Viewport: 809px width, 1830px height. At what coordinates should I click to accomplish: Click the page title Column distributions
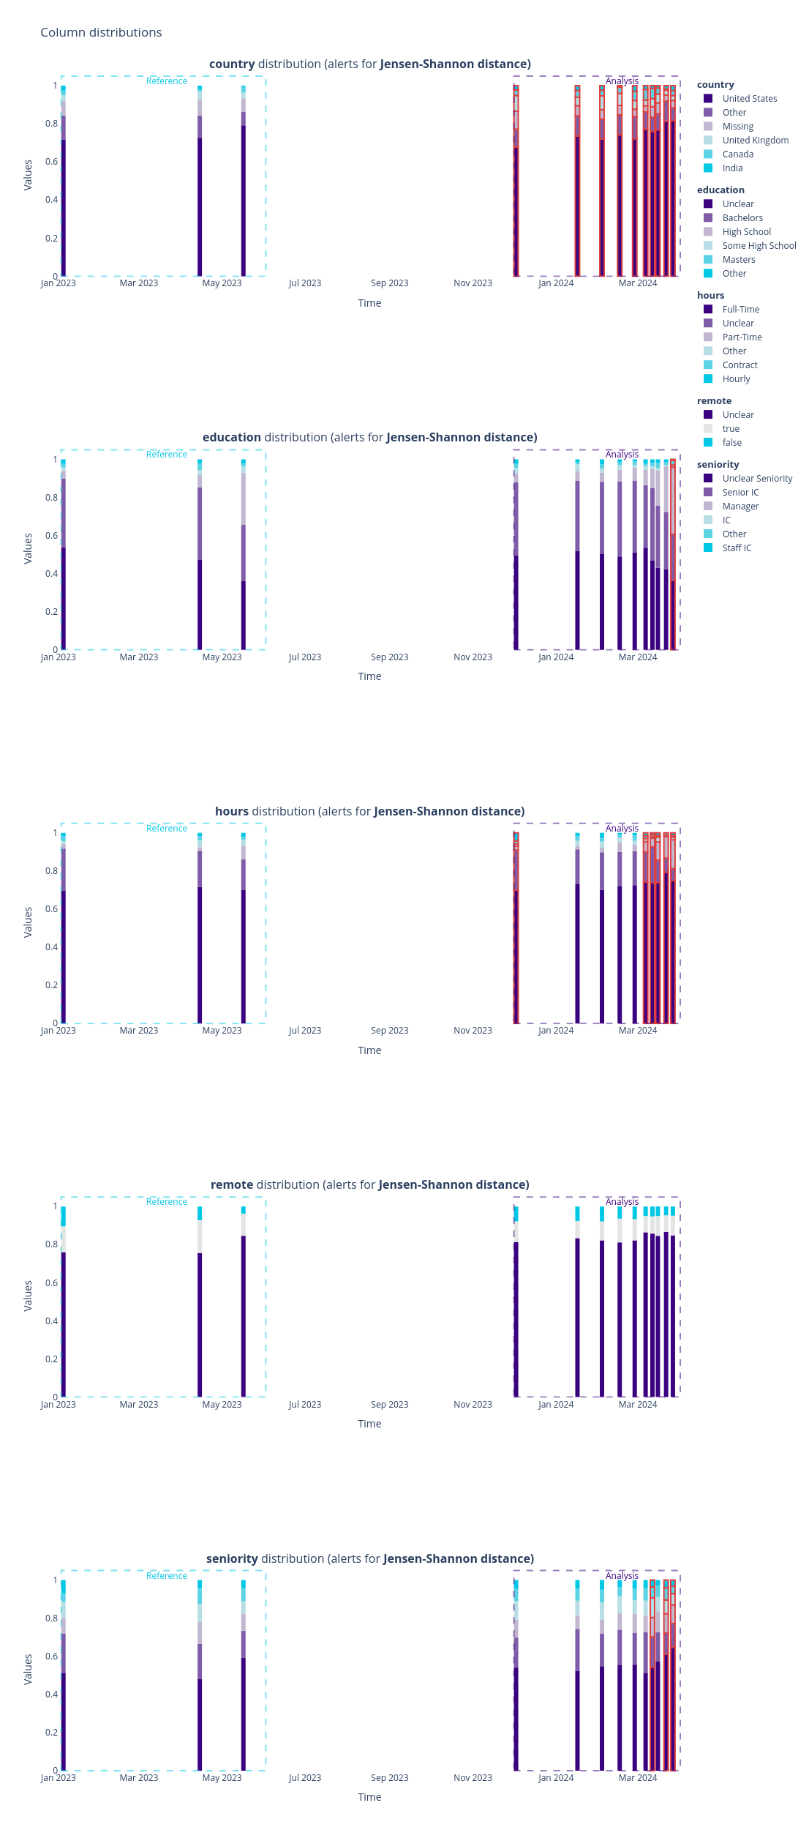pyautogui.click(x=101, y=32)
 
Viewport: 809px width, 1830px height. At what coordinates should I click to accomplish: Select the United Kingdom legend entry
pyautogui.click(x=755, y=141)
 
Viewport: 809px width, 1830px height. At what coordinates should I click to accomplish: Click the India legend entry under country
pyautogui.click(x=732, y=168)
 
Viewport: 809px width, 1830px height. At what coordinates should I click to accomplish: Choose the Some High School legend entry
pyautogui.click(x=759, y=246)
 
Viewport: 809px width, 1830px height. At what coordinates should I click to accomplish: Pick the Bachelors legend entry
pyautogui.click(x=742, y=218)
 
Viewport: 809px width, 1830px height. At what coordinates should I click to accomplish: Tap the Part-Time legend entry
pyautogui.click(x=742, y=337)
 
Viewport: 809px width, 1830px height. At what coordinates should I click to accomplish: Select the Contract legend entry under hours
pyautogui.click(x=740, y=365)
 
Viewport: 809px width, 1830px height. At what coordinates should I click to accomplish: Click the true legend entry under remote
pyautogui.click(x=731, y=429)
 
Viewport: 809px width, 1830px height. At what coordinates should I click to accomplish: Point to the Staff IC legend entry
pyautogui.click(x=737, y=548)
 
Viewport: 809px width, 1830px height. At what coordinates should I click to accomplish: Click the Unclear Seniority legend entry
pyautogui.click(x=757, y=479)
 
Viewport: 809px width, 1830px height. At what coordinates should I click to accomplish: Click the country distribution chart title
pyautogui.click(x=369, y=64)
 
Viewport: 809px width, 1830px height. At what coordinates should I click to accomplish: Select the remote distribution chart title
pyautogui.click(x=369, y=1185)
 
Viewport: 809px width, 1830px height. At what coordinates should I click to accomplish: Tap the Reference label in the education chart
pyautogui.click(x=167, y=455)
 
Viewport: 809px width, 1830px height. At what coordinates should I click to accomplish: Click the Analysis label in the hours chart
pyautogui.click(x=622, y=829)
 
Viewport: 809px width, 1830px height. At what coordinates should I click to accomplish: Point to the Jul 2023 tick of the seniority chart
pyautogui.click(x=304, y=1778)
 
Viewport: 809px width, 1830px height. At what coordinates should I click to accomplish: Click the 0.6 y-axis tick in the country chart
pyautogui.click(x=51, y=162)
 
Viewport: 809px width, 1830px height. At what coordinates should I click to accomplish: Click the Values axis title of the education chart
pyautogui.click(x=29, y=548)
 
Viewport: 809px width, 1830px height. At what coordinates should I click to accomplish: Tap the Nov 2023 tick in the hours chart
pyautogui.click(x=473, y=1031)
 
